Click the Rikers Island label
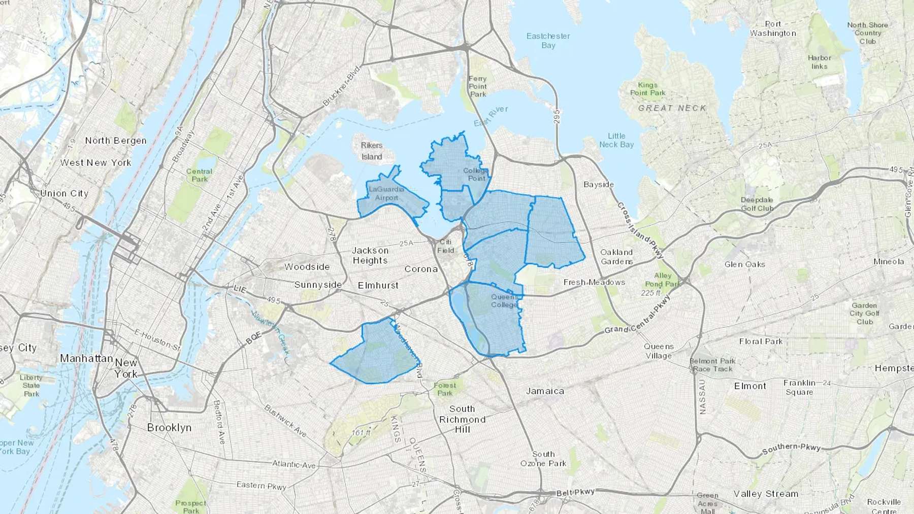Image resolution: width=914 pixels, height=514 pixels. [372, 151]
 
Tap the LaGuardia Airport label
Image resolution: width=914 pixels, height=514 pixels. [386, 193]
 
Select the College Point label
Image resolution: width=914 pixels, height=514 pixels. [476, 174]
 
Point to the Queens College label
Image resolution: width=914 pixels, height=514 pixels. [504, 301]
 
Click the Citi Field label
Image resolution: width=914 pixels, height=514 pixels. [445, 246]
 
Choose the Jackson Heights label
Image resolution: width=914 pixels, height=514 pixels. [370, 255]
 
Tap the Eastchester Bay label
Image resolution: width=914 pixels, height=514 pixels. [548, 41]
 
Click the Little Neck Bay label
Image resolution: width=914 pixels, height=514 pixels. [616, 140]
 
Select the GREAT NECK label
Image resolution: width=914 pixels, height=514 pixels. [672, 108]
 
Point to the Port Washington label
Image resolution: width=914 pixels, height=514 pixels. [773, 28]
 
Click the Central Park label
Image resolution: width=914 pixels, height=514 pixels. [200, 175]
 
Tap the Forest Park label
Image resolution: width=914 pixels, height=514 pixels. [445, 389]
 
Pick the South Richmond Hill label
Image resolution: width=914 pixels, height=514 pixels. [462, 419]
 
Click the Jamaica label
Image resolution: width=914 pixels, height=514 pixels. [545, 391]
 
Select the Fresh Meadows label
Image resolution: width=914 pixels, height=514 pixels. [594, 282]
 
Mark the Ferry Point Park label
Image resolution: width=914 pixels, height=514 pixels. [477, 86]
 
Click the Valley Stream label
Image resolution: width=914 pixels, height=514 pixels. [766, 494]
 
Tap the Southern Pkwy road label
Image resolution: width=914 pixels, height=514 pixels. [791, 449]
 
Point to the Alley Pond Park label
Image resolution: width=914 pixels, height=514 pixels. [662, 280]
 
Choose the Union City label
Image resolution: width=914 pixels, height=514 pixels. [64, 193]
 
